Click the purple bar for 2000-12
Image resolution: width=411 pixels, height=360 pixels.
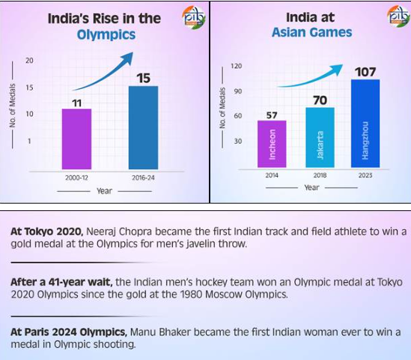coord(76,139)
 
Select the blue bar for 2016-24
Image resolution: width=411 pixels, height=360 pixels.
coord(143,128)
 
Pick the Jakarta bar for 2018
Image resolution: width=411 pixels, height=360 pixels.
coord(320,137)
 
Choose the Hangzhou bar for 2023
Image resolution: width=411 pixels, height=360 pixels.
coord(365,123)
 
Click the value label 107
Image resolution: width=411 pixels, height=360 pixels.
coord(365,71)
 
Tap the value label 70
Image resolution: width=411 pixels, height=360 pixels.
coord(320,99)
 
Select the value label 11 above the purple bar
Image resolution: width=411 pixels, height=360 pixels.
coord(76,101)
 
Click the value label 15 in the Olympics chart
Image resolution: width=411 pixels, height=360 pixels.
coord(143,77)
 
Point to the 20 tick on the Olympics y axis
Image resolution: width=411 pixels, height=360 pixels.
coord(28,60)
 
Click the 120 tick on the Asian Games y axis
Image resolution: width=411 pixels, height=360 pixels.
coord(237,67)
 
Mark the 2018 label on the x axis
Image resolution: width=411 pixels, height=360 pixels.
coord(320,174)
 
